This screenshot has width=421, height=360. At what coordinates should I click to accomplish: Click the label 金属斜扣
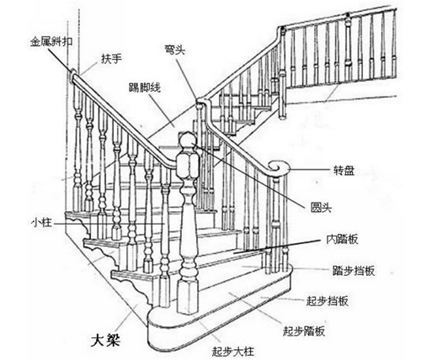tap(51, 42)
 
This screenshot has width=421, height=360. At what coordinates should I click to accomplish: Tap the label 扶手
tap(111, 59)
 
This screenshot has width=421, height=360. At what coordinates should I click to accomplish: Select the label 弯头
tap(174, 50)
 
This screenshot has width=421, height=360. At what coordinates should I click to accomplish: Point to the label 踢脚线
tap(144, 87)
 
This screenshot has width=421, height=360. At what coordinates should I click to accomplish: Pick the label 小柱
tap(41, 223)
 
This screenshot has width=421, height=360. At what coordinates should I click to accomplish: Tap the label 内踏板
tap(342, 239)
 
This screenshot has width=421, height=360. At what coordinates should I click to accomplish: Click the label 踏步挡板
tap(354, 271)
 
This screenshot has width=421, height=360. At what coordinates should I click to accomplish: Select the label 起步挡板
tap(328, 301)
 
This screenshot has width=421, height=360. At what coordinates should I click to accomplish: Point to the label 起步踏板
tap(304, 331)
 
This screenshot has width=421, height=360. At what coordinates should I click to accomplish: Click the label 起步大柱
tap(233, 351)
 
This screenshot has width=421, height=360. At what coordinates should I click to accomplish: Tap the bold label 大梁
tap(105, 340)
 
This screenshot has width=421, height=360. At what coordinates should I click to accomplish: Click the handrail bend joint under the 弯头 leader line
tap(200, 100)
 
